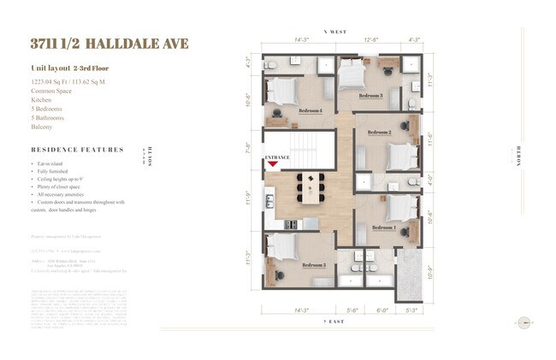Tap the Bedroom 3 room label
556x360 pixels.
click(370, 96)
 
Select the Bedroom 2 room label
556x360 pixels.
click(379, 133)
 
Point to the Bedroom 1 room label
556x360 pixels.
click(383, 227)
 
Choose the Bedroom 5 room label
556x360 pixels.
click(312, 265)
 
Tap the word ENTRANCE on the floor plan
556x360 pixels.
click(276, 157)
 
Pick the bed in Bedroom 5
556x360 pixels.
click(282, 247)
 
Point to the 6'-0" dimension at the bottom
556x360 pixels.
click(382, 299)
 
